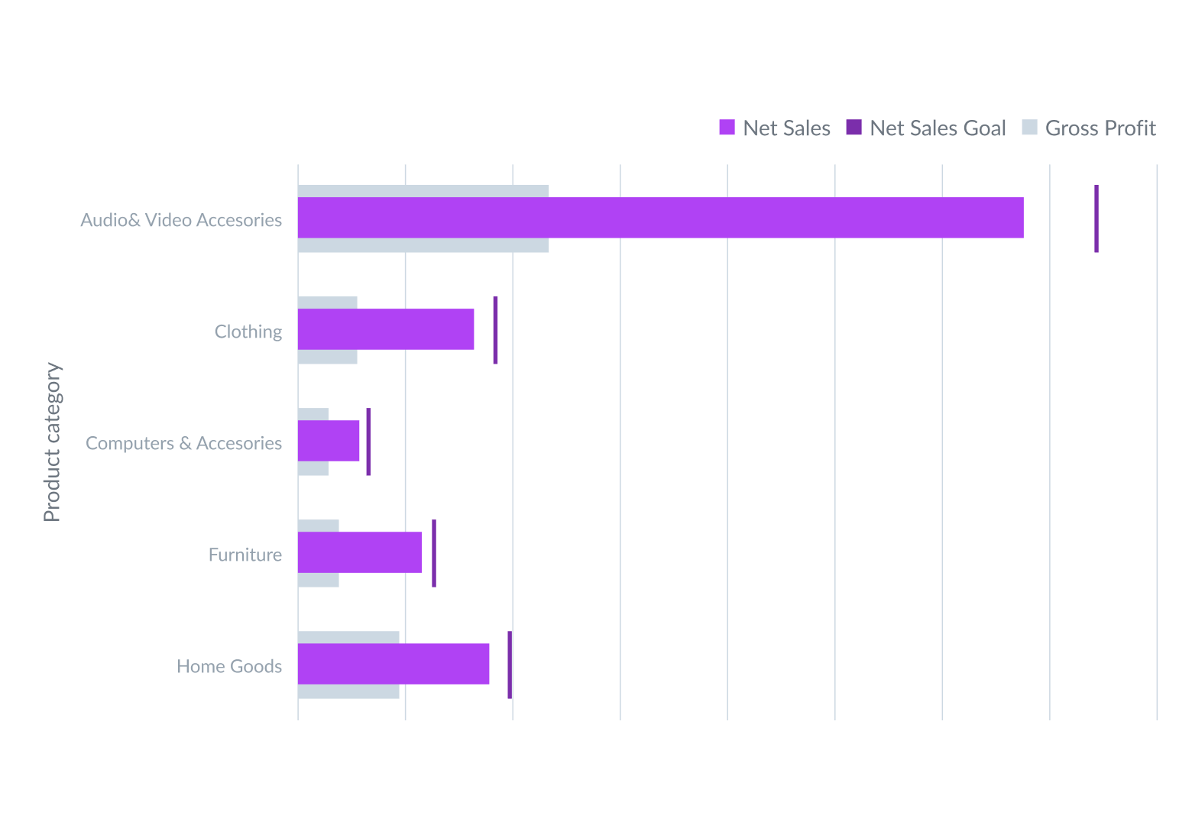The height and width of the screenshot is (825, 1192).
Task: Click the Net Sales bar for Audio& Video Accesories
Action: (660, 218)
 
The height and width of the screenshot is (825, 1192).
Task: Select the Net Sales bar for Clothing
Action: (386, 329)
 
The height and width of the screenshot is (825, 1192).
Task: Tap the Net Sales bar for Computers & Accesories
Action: (329, 441)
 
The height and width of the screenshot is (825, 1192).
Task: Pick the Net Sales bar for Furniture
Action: (359, 552)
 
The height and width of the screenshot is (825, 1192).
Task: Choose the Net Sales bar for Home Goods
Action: (394, 664)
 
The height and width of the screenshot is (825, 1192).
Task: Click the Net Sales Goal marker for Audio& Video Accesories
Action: (1096, 218)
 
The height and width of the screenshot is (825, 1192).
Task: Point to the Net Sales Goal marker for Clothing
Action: (496, 330)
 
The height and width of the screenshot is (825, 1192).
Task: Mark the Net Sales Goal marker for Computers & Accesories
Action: (368, 442)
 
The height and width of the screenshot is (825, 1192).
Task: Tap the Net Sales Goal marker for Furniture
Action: (434, 553)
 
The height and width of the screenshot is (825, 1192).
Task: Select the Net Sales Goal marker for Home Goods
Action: (510, 665)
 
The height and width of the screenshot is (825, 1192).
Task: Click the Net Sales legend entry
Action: (775, 128)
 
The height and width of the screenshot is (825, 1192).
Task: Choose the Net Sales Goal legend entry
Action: (926, 128)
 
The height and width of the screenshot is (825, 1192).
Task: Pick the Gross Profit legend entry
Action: (1090, 128)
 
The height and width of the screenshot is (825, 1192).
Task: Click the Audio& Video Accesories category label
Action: (181, 220)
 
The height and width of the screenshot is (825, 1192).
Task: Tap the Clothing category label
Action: (248, 332)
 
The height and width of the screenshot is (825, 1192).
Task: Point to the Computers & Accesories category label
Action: (183, 443)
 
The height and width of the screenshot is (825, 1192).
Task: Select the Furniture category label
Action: (245, 555)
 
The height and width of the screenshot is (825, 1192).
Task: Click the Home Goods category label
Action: (229, 666)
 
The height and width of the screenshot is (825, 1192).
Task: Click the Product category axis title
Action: (52, 442)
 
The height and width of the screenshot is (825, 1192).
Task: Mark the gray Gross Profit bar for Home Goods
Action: (348, 691)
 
